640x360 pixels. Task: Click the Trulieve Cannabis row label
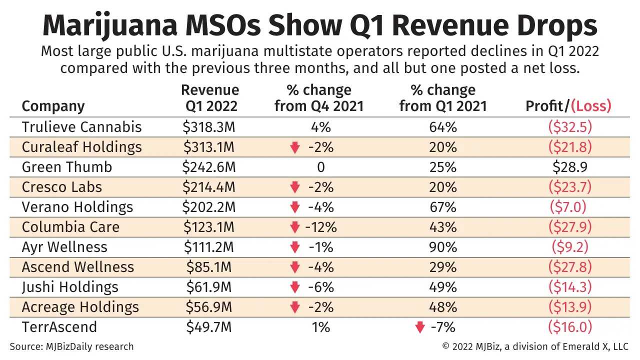coord(81,127)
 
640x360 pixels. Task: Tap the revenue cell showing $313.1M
coord(209,147)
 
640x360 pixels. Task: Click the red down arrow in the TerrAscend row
coord(420,327)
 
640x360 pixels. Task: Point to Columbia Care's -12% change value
coord(320,227)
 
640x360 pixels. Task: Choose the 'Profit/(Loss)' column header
coord(568,106)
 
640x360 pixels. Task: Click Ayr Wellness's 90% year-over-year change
coord(443,247)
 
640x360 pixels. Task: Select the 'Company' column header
coord(53,106)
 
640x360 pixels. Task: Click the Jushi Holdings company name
coord(70,287)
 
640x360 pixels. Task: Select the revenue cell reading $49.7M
coord(209,327)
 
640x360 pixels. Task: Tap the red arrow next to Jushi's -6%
coord(295,287)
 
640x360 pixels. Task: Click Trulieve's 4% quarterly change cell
coord(320,127)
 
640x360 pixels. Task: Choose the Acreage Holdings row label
coord(80,307)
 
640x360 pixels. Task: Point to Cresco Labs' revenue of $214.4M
coord(209,187)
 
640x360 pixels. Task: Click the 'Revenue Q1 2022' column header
coord(209,98)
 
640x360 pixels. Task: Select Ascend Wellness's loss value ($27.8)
coord(570,267)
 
